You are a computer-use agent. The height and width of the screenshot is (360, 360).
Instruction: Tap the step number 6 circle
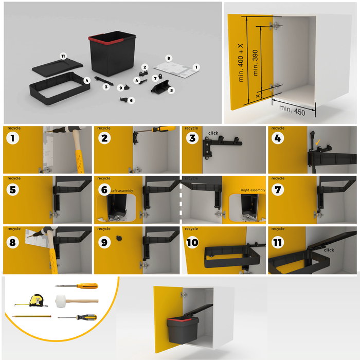102,189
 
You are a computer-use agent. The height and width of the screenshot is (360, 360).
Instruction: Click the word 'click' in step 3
213,133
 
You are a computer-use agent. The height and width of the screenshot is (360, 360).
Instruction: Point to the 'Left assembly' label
122,191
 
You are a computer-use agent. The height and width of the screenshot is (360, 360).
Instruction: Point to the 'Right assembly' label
253,190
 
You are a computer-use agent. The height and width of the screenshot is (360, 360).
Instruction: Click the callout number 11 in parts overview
63,56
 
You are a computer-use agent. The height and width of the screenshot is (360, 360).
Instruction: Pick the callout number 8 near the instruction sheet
168,59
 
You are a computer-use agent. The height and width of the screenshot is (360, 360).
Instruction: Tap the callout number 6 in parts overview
132,100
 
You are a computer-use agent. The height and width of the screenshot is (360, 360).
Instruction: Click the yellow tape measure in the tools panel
37,300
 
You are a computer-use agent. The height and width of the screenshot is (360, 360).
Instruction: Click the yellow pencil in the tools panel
32,317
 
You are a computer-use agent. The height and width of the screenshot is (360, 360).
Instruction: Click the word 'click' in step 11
329,250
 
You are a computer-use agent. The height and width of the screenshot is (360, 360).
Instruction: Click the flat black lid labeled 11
57,66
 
